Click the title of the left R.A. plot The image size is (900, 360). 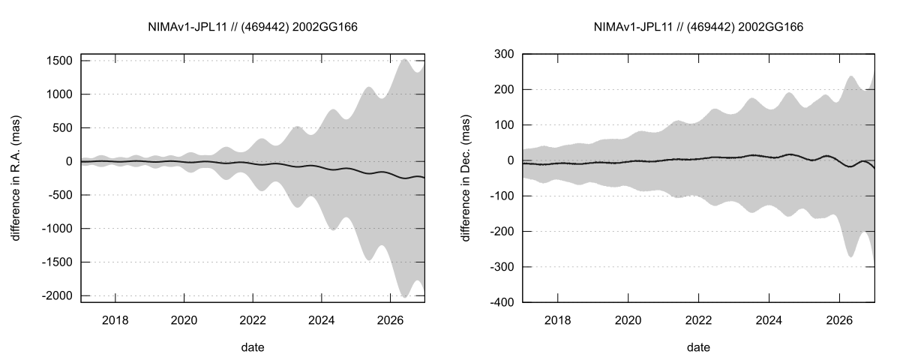[253, 27]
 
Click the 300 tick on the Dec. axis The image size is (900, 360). [502, 54]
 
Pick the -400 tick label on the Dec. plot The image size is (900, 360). [499, 302]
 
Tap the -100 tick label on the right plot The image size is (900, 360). [499, 196]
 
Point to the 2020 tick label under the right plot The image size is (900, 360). [628, 320]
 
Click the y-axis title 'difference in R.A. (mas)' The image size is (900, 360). [16, 178]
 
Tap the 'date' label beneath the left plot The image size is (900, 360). [253, 347]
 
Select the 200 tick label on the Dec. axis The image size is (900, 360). [502, 89]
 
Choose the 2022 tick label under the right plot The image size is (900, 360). [698, 320]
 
